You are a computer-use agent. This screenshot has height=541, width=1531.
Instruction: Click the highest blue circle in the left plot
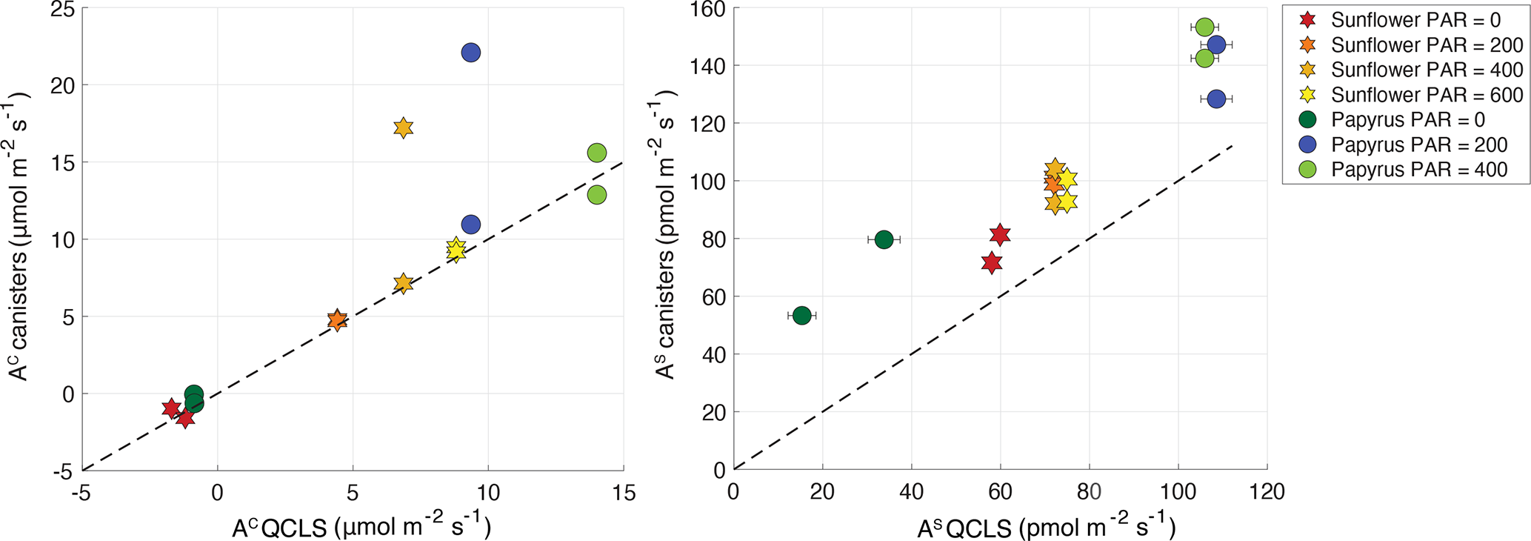470,53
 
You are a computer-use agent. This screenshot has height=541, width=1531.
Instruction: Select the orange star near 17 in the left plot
403,127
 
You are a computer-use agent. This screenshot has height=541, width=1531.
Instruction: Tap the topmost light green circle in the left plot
597,153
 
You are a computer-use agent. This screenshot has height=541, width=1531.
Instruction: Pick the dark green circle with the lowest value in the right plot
801,316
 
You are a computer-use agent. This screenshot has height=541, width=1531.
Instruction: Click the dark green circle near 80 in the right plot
884,239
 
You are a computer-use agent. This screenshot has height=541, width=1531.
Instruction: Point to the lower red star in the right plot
992,262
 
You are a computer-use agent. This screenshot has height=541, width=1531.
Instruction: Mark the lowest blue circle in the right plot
1216,99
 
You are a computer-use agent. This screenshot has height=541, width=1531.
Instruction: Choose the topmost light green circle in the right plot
1205,27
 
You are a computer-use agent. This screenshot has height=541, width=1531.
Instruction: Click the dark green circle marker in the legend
1307,120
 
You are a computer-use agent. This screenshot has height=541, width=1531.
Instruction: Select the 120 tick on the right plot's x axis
1267,491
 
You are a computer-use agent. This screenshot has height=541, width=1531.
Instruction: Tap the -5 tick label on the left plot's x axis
81,492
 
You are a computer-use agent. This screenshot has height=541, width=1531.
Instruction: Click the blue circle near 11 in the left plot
470,225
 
